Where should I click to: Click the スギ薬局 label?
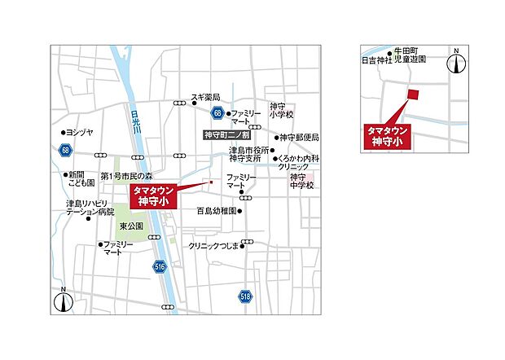point(205,97)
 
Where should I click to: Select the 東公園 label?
point(131,226)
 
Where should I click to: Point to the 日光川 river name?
point(136,125)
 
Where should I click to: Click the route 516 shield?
point(159,266)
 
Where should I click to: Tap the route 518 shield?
point(245,297)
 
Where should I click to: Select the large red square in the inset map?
point(413,94)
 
